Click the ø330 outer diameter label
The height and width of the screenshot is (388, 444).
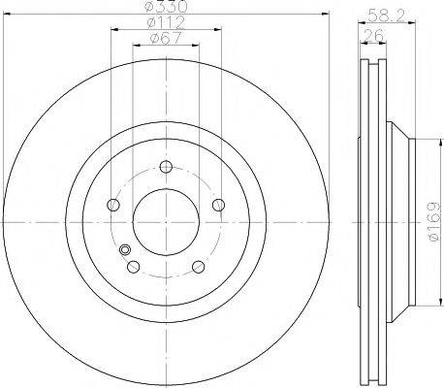166,7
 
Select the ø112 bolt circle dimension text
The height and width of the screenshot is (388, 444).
166,22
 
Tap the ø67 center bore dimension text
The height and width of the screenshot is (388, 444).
166,38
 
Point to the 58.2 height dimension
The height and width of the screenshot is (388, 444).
386,16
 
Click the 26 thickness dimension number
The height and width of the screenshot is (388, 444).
373,35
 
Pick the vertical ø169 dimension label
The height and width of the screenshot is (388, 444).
433,221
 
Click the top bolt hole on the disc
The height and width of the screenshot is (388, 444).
166,167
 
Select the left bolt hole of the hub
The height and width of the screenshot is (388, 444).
113,205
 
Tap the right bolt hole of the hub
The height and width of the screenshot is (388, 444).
219,205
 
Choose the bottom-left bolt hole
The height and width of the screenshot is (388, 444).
134,267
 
